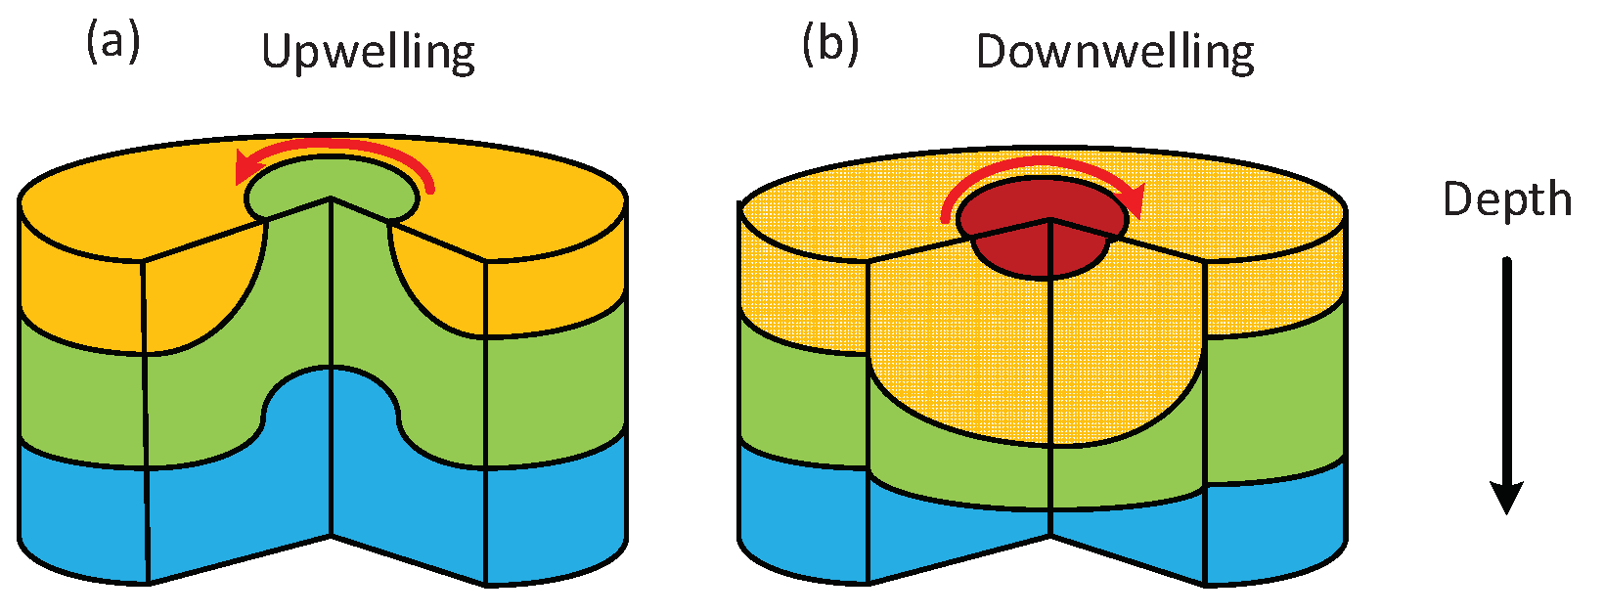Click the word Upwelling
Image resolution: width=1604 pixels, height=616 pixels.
tap(368, 53)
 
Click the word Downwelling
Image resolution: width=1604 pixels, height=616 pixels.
tap(1115, 53)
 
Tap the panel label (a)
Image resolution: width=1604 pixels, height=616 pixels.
tap(112, 44)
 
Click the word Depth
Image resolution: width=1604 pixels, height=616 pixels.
tap(1506, 200)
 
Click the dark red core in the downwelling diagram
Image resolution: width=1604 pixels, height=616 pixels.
tap(1042, 244)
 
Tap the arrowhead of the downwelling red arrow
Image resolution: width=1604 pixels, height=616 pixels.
tap(1133, 200)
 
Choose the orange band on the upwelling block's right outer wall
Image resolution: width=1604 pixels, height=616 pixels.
tap(557, 284)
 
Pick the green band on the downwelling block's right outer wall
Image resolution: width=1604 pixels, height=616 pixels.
tap(1276, 401)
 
